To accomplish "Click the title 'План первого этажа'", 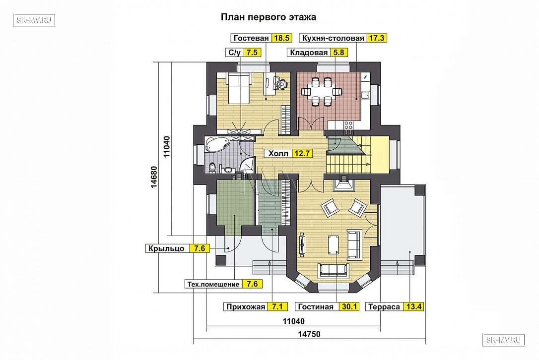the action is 268,17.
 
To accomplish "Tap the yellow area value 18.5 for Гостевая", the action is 281,38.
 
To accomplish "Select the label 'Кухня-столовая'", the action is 333,38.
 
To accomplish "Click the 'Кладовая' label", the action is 309,53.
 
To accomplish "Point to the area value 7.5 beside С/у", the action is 252,53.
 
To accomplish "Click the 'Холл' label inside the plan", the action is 278,154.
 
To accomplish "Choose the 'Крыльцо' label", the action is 167,248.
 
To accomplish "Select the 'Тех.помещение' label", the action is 213,284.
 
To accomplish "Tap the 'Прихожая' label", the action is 246,307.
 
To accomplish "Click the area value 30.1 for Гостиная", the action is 349,307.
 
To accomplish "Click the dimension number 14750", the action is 309,334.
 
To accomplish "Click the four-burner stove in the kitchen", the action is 348,125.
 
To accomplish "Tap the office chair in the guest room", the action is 281,83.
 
